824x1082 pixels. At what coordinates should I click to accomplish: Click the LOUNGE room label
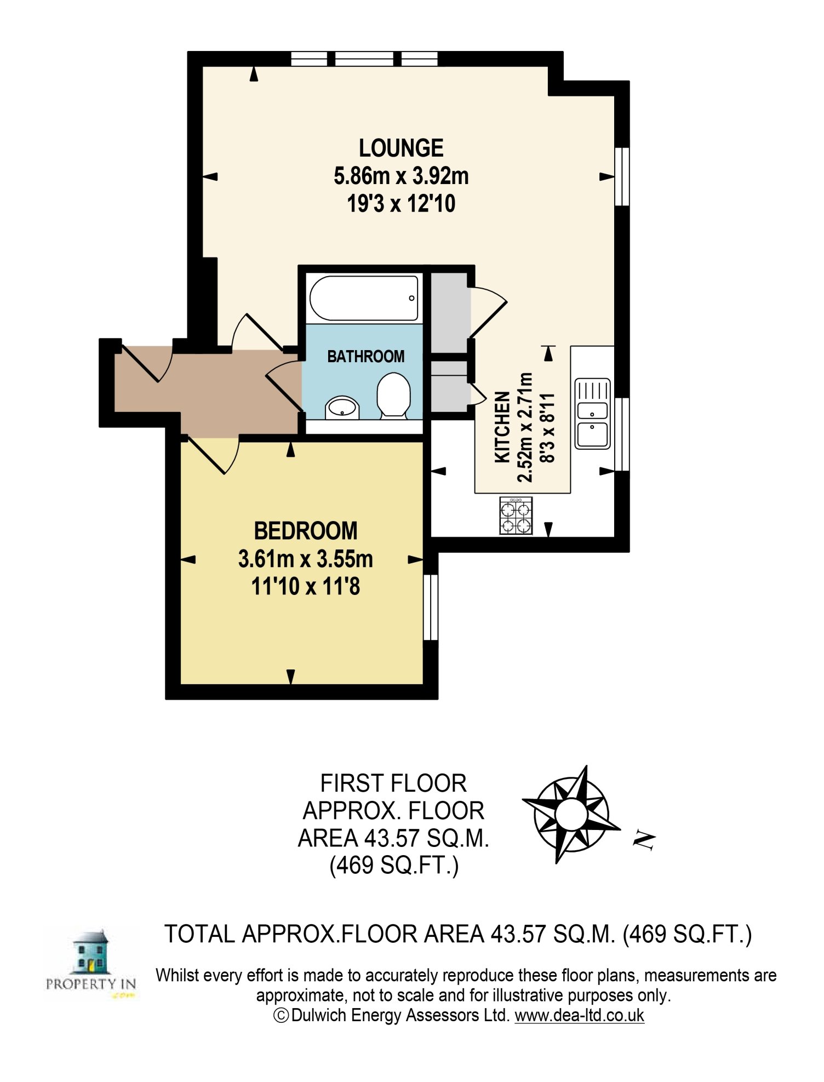(x=401, y=148)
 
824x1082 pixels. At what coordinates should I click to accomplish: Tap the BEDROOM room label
(x=306, y=531)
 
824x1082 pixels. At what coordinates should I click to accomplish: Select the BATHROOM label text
(x=365, y=357)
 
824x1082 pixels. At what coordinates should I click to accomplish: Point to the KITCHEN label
(x=502, y=427)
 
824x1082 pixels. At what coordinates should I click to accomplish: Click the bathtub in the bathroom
(x=364, y=298)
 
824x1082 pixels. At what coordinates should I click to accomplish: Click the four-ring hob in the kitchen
(x=516, y=516)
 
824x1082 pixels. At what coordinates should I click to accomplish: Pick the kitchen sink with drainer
(x=593, y=414)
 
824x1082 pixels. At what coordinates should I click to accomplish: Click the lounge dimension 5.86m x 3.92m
(x=401, y=176)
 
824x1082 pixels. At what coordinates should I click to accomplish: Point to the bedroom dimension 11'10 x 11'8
(x=306, y=587)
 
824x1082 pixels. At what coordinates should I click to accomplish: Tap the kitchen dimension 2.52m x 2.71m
(x=525, y=427)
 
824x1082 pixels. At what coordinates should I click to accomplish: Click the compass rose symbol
(x=571, y=814)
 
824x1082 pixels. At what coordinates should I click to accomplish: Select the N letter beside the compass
(x=644, y=840)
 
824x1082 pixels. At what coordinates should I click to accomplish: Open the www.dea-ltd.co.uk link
(x=579, y=1015)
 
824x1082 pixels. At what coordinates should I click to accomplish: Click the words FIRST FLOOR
(x=393, y=783)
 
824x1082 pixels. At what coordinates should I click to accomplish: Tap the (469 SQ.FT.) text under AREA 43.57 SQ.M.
(x=394, y=866)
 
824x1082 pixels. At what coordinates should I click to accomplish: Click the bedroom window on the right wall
(x=431, y=607)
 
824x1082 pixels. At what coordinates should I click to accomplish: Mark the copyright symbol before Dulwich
(x=281, y=1016)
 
